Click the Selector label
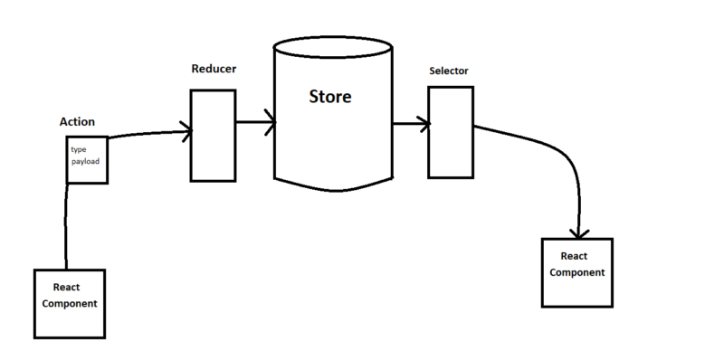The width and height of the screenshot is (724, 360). pos(450,71)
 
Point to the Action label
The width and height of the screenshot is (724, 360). pos(77,121)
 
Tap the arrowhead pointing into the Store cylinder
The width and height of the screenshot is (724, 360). pos(270,121)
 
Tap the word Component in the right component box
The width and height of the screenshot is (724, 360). pos(576,272)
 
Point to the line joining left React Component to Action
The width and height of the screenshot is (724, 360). pos(66,226)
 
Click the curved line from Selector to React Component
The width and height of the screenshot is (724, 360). pos(552,154)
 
